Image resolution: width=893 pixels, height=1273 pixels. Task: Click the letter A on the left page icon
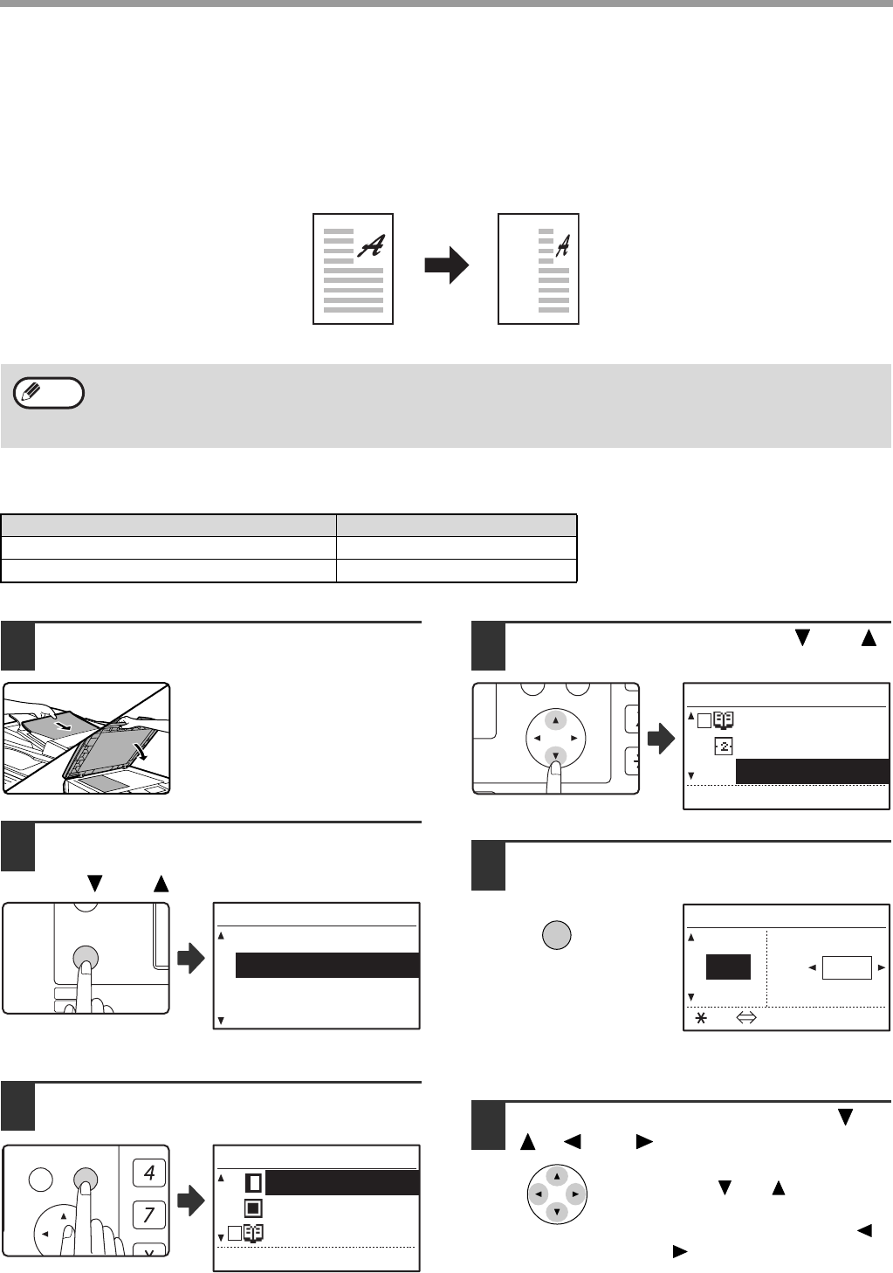371,246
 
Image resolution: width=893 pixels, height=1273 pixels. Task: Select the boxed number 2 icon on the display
724,747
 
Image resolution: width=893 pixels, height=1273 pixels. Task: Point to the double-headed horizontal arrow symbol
745,1017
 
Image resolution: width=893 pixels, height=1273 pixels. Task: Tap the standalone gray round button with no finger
557,935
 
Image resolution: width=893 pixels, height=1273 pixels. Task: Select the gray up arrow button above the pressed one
556,721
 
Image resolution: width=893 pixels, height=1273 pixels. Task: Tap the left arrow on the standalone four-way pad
539,1193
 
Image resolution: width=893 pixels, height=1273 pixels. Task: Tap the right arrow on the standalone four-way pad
574,1193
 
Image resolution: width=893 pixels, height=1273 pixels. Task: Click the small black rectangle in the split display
728,967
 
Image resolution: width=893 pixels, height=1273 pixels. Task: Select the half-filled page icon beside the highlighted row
253,1183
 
